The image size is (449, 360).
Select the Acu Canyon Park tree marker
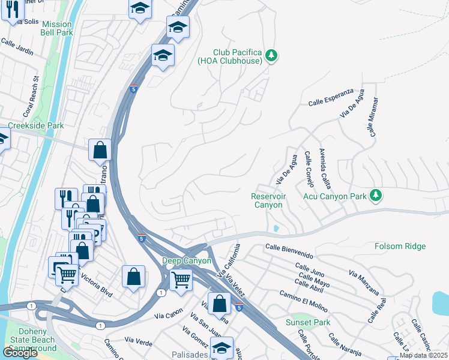coord(376,195)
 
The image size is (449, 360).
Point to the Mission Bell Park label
coord(56,29)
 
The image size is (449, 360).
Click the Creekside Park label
coord(35,126)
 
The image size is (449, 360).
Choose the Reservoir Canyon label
coord(267,200)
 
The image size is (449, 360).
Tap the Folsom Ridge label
coord(400,246)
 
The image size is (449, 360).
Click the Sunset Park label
coord(308,322)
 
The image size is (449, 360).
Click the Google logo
coord(20,353)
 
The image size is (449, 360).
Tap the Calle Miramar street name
coord(373,116)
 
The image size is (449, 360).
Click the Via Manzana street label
coord(363,281)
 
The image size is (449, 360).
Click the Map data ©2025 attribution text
coord(423,355)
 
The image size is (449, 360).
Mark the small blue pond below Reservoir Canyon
coord(275,228)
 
